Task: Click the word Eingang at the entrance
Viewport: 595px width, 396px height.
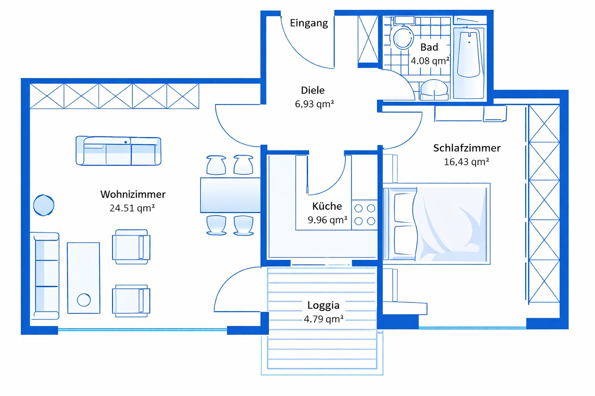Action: tap(309, 23)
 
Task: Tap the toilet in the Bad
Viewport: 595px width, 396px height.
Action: tap(402, 37)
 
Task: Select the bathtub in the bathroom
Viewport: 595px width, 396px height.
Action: tap(469, 62)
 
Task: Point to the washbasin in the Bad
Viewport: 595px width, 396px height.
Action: tap(434, 89)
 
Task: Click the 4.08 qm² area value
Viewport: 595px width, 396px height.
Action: tap(430, 61)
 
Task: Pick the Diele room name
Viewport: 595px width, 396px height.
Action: tap(313, 90)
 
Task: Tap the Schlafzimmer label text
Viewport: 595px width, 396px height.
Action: tap(466, 148)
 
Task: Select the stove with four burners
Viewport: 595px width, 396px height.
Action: tap(365, 215)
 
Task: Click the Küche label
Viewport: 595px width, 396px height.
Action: tap(327, 206)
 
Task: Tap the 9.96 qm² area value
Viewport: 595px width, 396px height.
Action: tap(327, 220)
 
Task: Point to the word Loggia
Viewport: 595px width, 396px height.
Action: tap(323, 306)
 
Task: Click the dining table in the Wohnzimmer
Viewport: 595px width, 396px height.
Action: tap(230, 195)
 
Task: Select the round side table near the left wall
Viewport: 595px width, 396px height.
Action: tap(43, 205)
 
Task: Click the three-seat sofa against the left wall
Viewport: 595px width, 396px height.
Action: tap(45, 276)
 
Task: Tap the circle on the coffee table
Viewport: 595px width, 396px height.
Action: tap(84, 300)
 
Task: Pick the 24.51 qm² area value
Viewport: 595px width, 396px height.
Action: tap(132, 208)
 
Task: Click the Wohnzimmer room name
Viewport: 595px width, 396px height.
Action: tap(133, 194)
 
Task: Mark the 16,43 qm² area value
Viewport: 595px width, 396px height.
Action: tap(466, 162)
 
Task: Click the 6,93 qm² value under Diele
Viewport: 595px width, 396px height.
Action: tap(314, 104)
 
